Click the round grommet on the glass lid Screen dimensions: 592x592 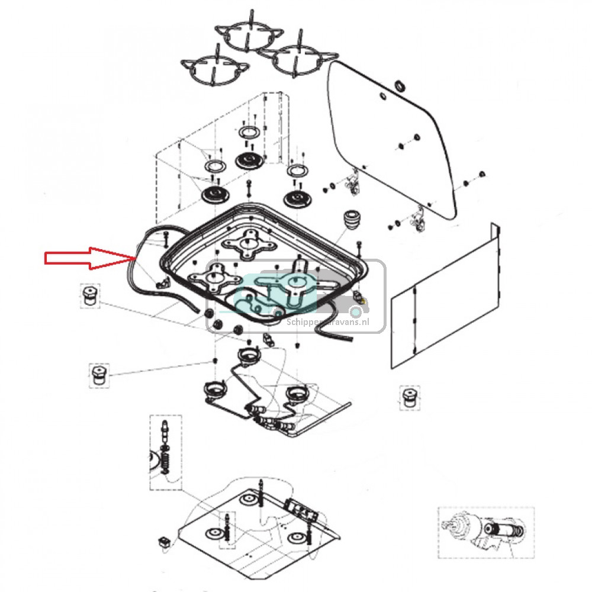pyautogui.click(x=400, y=86)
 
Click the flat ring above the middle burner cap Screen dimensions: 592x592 pyautogui.click(x=249, y=131)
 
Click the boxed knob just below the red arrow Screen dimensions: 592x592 pyautogui.click(x=90, y=295)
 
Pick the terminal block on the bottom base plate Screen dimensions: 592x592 pyautogui.click(x=298, y=508)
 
